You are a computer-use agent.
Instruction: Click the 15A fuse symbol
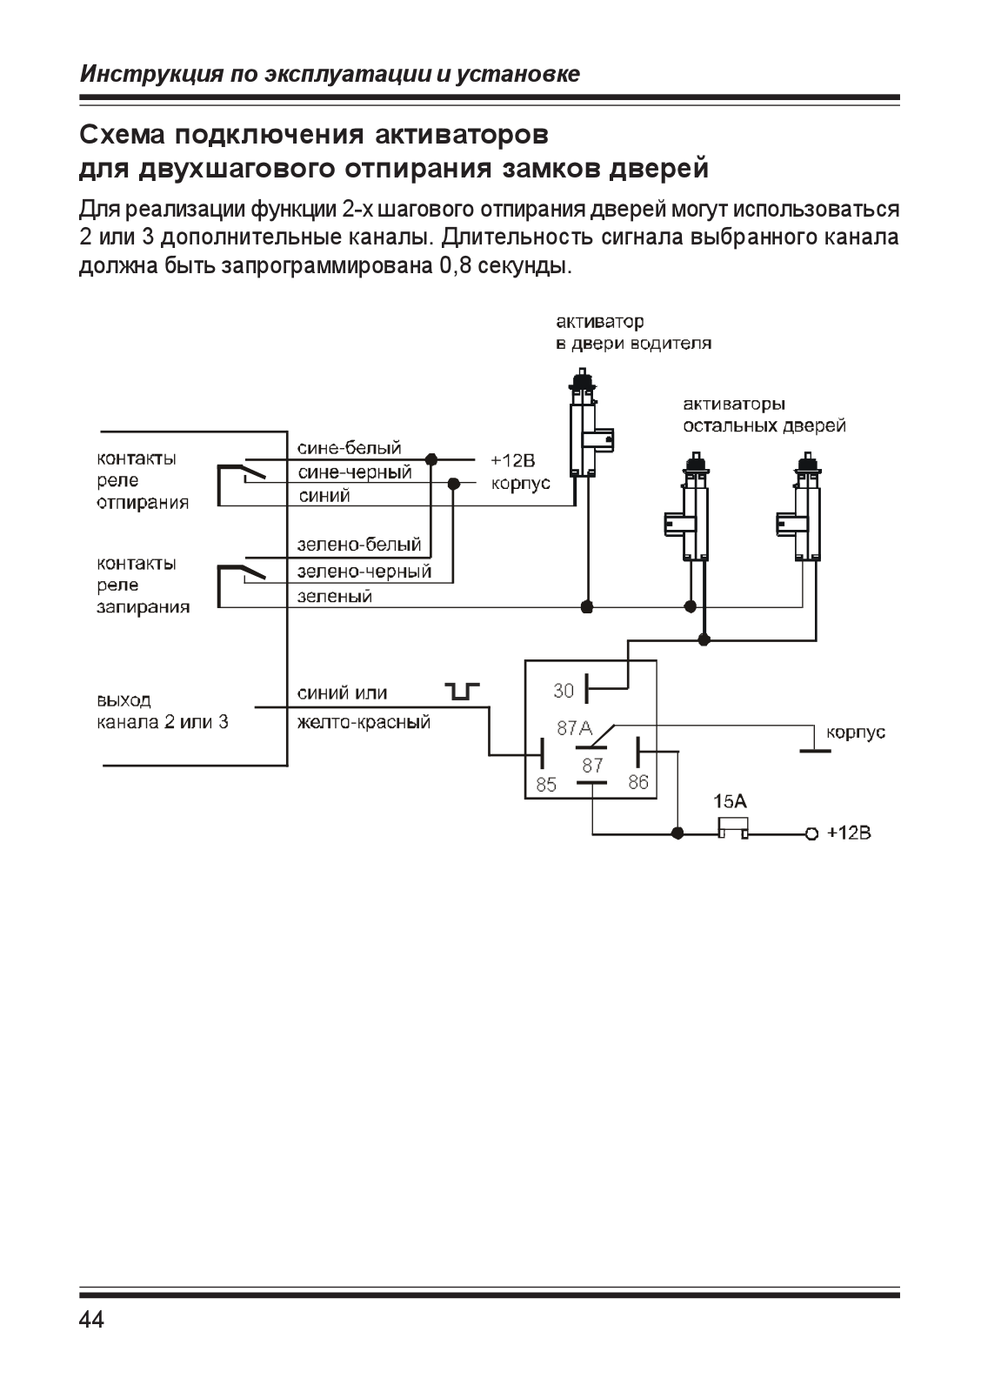(733, 828)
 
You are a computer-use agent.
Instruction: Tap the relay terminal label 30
(564, 691)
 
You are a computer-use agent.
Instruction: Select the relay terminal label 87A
(575, 727)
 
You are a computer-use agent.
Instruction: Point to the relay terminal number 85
(546, 785)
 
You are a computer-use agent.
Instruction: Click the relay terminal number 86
(638, 782)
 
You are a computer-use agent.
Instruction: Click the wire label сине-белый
(349, 447)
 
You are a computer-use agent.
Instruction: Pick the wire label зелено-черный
(364, 571)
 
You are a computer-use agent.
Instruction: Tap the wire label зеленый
(334, 597)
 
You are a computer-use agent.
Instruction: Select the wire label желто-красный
(364, 722)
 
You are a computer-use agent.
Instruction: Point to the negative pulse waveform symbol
(463, 691)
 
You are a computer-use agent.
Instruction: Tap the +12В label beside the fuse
(849, 833)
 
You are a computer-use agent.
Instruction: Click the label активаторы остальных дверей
(764, 415)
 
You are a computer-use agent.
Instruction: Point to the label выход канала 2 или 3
(163, 711)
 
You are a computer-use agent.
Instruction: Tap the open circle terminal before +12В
(811, 834)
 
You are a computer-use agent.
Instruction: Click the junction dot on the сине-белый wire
(430, 460)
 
